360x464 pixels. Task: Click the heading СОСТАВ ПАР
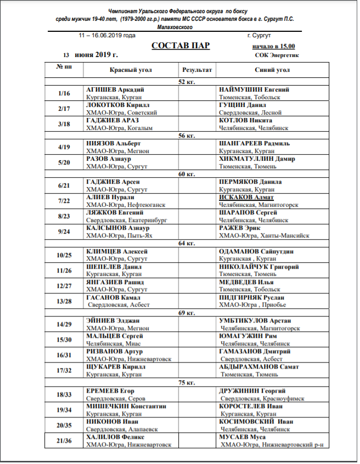(181, 46)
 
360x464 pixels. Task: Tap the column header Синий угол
(272, 70)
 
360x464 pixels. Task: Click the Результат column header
(196, 70)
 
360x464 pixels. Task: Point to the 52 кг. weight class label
(187, 82)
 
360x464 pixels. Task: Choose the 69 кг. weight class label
(187, 313)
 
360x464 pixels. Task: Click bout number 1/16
(64, 93)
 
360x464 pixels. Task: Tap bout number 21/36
(64, 440)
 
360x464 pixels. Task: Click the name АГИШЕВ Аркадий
(115, 89)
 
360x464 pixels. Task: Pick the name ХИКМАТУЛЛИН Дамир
(257, 159)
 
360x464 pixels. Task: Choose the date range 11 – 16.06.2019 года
(107, 35)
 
